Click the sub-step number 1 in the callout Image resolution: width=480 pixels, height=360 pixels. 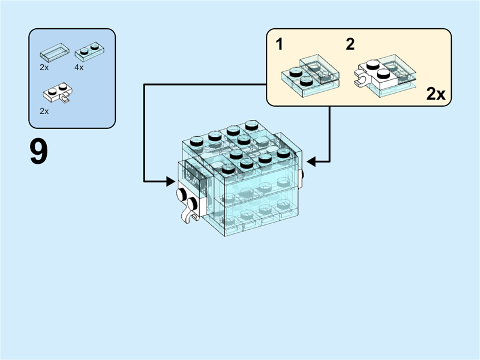point(279,44)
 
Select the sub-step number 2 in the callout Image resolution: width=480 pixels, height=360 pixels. point(350,44)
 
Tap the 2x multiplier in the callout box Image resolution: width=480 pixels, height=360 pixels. point(435,94)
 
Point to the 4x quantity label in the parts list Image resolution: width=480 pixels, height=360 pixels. point(79,68)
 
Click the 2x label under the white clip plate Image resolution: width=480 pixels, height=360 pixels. point(44,111)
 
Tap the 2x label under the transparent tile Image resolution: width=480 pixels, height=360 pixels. point(44,68)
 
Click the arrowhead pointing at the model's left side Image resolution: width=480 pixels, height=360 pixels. point(172,179)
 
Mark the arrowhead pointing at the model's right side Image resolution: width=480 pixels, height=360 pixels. point(310,160)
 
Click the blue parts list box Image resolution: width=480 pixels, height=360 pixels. point(72,78)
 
